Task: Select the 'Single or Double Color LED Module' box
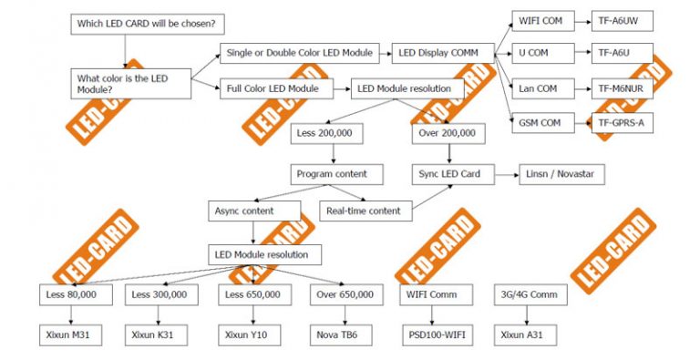pos(302,54)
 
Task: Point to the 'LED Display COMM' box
pos(442,54)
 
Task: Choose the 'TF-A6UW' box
pos(622,19)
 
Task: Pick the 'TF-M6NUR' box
pos(622,88)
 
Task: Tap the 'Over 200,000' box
pos(446,133)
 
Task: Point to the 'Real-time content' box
pos(364,211)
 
